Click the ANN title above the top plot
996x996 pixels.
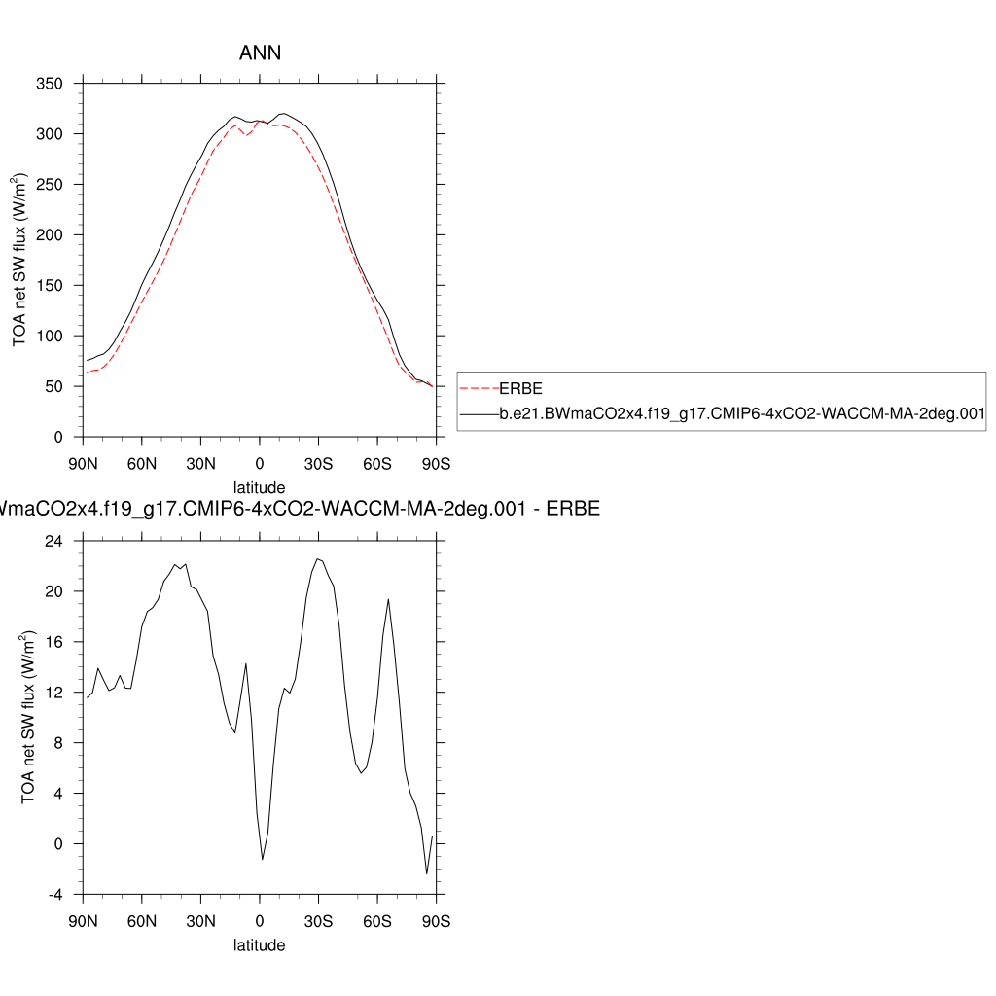click(260, 53)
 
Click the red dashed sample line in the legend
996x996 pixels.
click(480, 388)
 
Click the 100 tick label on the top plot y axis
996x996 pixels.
click(51, 337)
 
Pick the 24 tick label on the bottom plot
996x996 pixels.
click(56, 541)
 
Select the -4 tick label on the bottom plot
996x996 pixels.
click(56, 895)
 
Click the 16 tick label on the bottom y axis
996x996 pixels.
click(56, 642)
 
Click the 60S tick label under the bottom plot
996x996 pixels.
click(377, 921)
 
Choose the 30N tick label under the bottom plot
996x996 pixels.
click(200, 921)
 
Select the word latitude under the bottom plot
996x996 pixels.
click(260, 944)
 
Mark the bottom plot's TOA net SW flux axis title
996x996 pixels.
click(31, 718)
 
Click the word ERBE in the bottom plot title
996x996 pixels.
click(574, 509)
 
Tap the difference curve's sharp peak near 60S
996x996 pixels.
click(388, 599)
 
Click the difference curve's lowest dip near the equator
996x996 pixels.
click(263, 859)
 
